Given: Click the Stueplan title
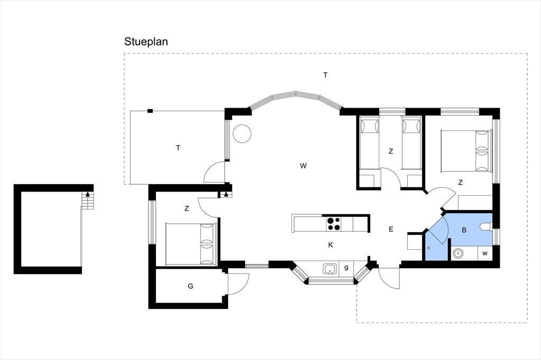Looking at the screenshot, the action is pos(146,42).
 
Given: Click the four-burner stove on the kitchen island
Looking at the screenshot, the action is pos(333,223).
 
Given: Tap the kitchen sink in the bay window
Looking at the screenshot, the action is pos(330,269).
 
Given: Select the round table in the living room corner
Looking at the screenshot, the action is pos(242,134).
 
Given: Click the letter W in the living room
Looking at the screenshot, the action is pos(303,166).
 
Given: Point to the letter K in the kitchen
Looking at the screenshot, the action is pos(331,245).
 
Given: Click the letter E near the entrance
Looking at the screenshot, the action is pos(391,229).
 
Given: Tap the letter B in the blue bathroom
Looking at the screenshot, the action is pos(464,230).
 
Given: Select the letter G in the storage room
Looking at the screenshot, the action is pos(190,286).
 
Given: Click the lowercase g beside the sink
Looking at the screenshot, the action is pos(346,268).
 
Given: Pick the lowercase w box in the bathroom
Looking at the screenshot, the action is pos(485,253).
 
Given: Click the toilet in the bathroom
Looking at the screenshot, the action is pos(486,227).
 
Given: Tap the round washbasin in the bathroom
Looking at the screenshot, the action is pos(458,253).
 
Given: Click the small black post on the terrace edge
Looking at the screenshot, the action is pos(150,111).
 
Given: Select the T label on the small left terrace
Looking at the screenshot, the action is pos(178,148).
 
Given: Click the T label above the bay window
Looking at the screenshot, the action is pos(325,75).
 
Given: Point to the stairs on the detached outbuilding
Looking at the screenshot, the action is pos(87,201).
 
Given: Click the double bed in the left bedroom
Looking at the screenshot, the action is pos(191,244).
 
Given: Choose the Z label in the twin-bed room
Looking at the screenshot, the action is pos(391,151).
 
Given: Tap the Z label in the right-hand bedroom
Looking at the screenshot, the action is pos(461,183).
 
